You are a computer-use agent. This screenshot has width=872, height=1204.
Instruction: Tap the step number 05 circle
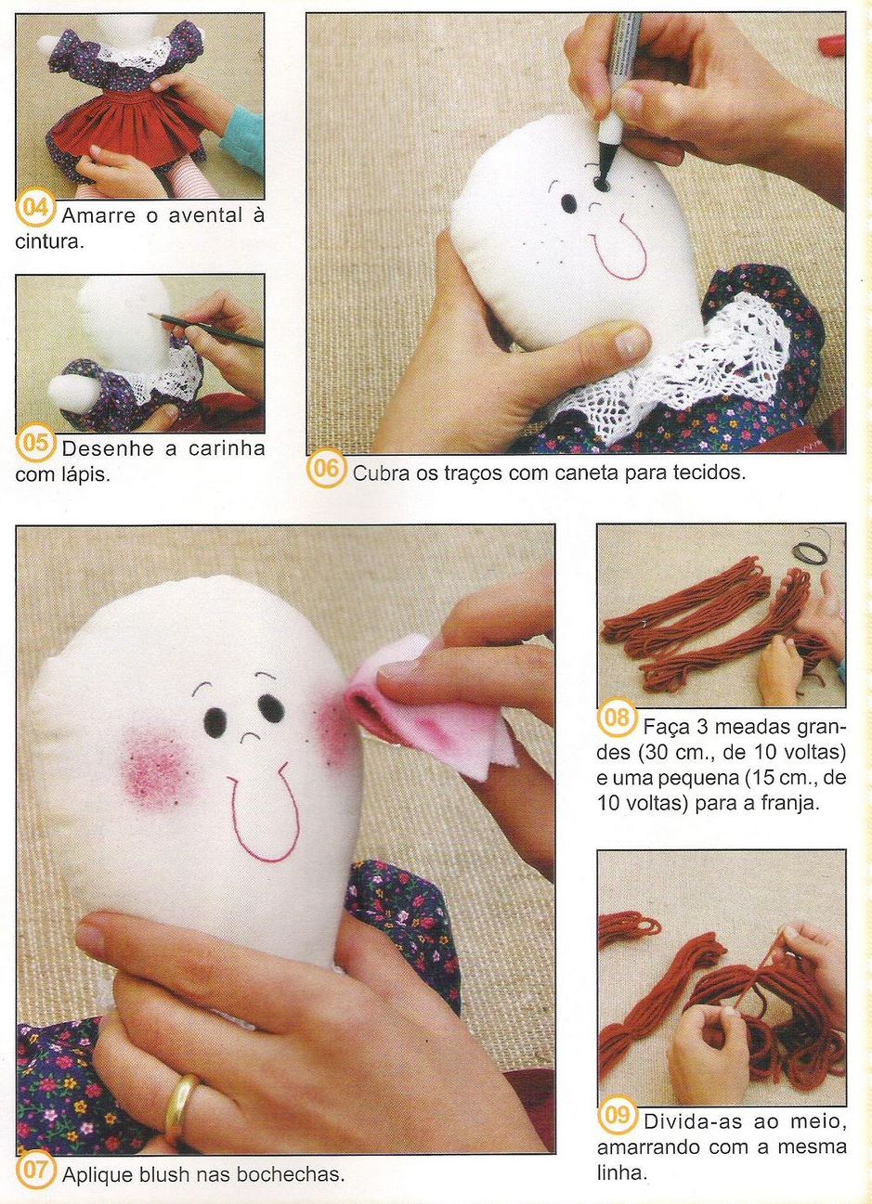click(34, 445)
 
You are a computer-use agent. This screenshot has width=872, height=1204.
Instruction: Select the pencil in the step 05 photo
click(206, 330)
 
